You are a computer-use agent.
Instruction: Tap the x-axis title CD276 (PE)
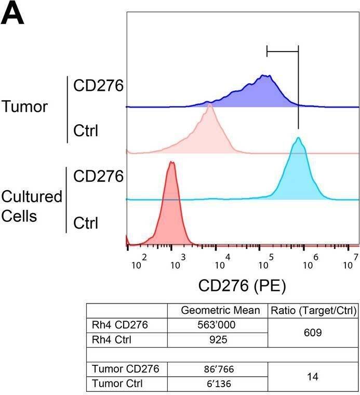242,285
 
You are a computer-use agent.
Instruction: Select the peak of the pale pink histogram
209,104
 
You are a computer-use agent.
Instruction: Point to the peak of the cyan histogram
298,138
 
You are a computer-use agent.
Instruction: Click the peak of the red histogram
171,162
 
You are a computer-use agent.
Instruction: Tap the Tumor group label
24,107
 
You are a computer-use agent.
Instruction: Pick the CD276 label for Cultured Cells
98,177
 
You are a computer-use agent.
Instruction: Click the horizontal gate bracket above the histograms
282,51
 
